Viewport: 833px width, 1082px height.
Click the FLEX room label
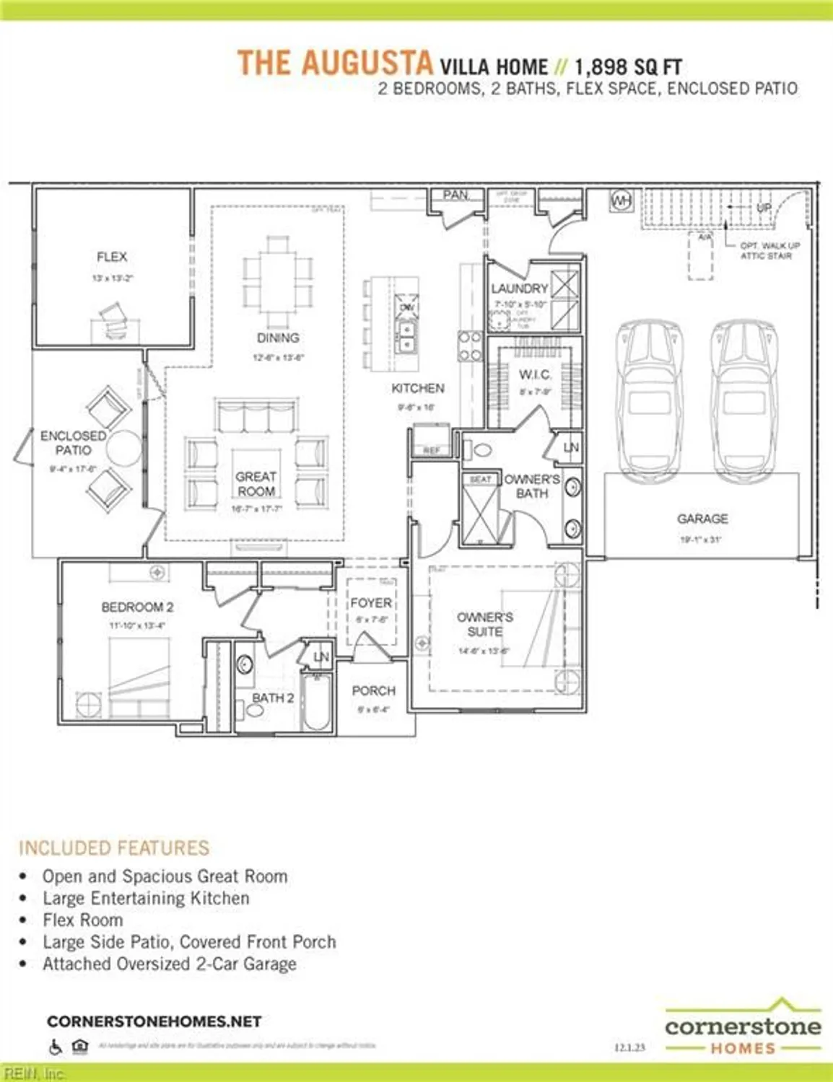[112, 257]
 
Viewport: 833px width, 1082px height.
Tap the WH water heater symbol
[622, 200]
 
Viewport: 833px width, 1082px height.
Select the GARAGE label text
[702, 519]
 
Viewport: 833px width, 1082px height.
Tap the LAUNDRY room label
[520, 289]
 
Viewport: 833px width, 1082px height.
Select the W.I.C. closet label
[535, 375]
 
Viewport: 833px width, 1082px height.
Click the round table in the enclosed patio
[124, 448]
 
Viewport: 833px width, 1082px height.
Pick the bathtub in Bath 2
[316, 701]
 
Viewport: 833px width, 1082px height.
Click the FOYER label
[371, 602]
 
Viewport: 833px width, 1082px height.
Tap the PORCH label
[373, 690]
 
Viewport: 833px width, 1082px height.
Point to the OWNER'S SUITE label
[485, 624]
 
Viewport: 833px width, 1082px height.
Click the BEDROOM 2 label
[137, 607]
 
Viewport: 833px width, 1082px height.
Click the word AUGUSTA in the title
[367, 63]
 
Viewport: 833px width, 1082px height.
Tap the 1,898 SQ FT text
[628, 68]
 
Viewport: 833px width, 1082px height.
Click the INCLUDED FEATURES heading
[114, 848]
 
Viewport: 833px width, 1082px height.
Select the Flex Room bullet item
[82, 920]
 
